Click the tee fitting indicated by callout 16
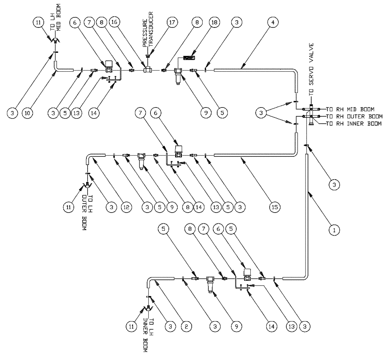click(x=147, y=70)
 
